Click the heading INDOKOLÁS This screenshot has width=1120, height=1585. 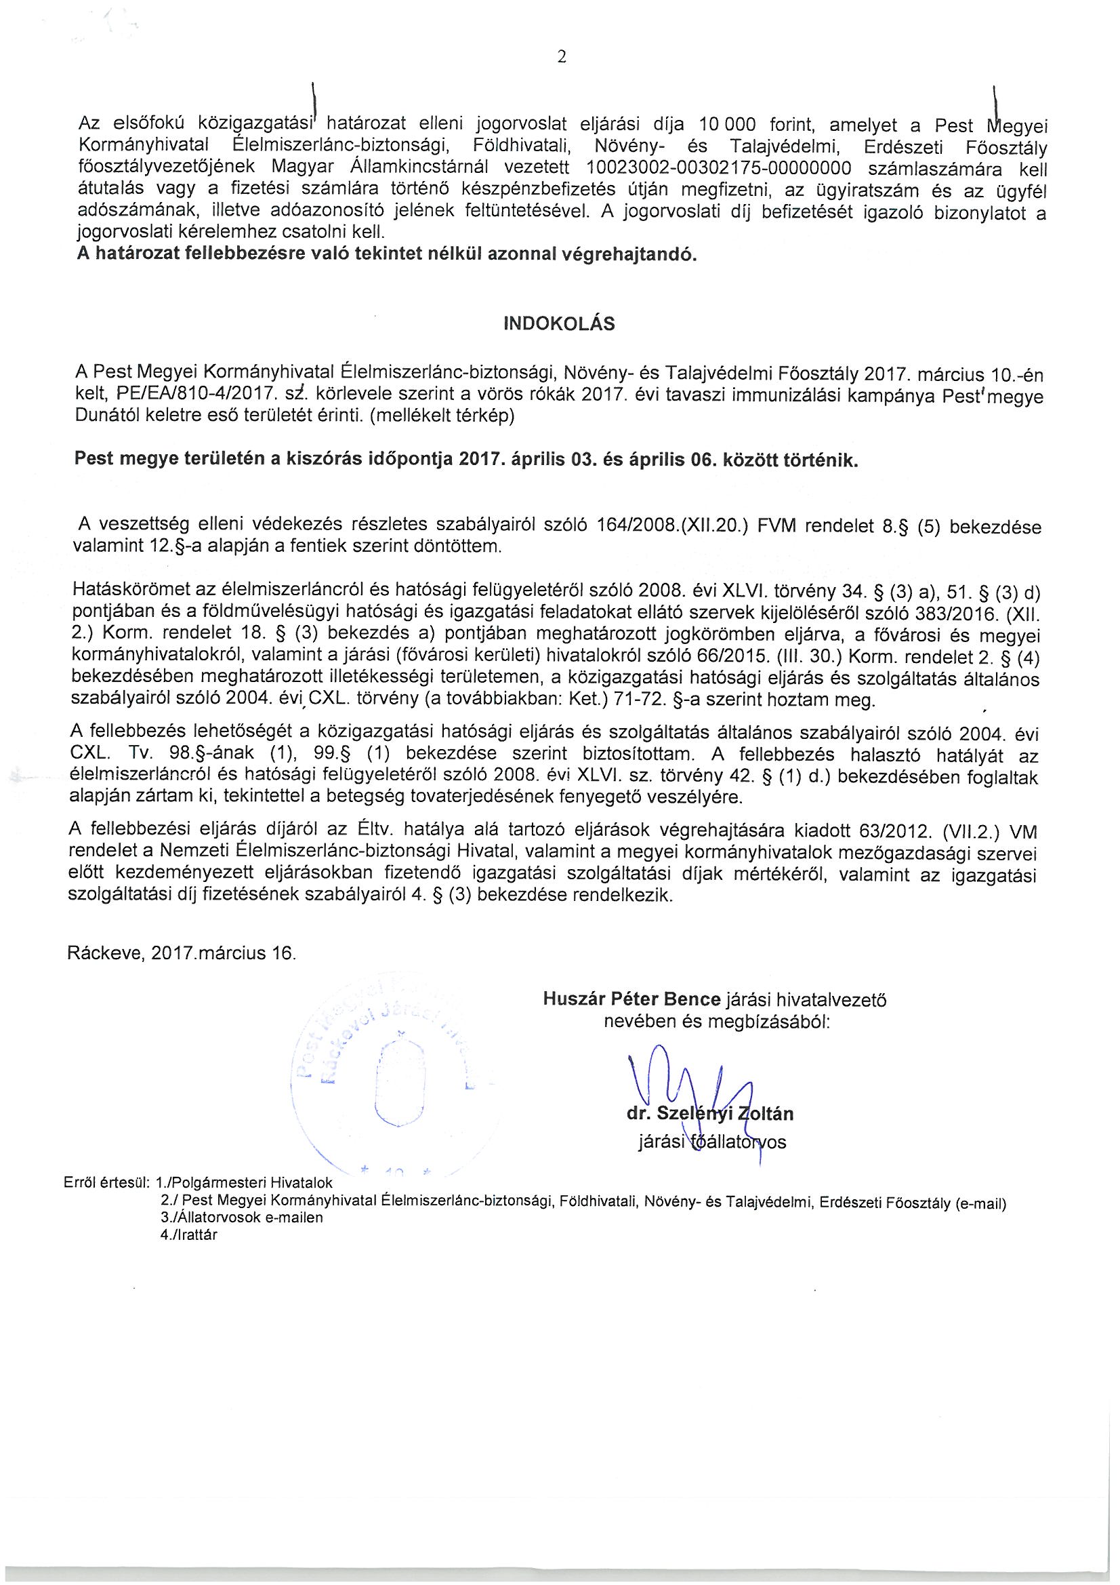560,325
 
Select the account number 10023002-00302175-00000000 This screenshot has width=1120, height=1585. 718,168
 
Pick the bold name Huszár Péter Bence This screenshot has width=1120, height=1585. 631,999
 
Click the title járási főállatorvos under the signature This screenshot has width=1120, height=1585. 712,1142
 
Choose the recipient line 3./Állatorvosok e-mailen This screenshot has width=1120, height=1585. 241,1218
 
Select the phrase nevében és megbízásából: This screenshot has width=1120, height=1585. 716,1021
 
